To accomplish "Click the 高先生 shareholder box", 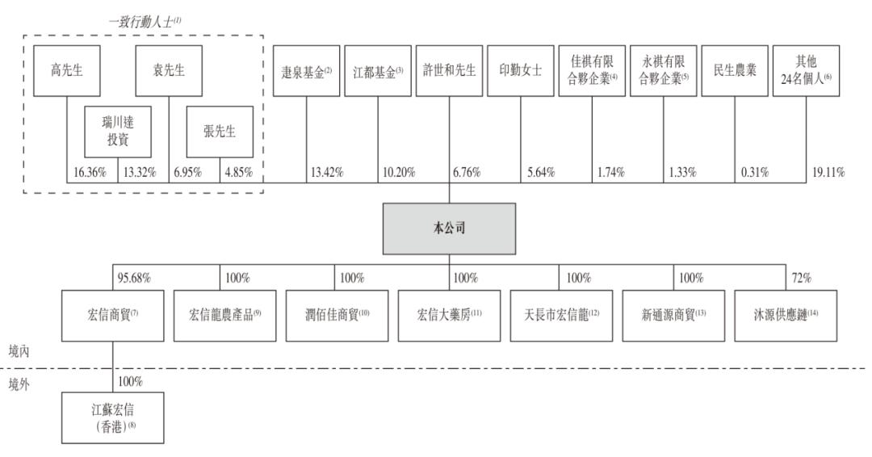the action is pyautogui.click(x=67, y=70).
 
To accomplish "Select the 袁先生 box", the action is pyautogui.click(x=169, y=70).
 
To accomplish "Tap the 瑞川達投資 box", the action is pyautogui.click(x=118, y=132).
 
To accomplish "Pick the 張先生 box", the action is pyautogui.click(x=220, y=132).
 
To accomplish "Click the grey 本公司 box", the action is pyautogui.click(x=450, y=228).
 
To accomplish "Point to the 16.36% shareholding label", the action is pyautogui.click(x=90, y=172).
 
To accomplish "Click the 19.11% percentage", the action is pyautogui.click(x=828, y=172).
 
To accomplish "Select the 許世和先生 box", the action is pyautogui.click(x=450, y=70).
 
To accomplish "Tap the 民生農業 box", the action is pyautogui.click(x=735, y=70).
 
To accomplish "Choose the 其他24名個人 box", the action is pyautogui.click(x=806, y=70).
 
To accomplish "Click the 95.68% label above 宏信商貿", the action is pyautogui.click(x=134, y=278).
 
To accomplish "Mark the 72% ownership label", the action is pyautogui.click(x=802, y=278).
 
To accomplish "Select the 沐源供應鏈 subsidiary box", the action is pyautogui.click(x=786, y=315).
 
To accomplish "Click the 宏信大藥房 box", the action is pyautogui.click(x=450, y=315).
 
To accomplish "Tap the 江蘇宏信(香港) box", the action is pyautogui.click(x=113, y=417).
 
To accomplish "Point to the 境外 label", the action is pyautogui.click(x=19, y=384).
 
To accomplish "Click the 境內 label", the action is pyautogui.click(x=19, y=351).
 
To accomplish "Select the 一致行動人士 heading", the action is pyautogui.click(x=145, y=23).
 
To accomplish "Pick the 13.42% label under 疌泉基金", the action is pyautogui.click(x=327, y=172).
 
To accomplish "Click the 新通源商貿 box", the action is pyautogui.click(x=673, y=315).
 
